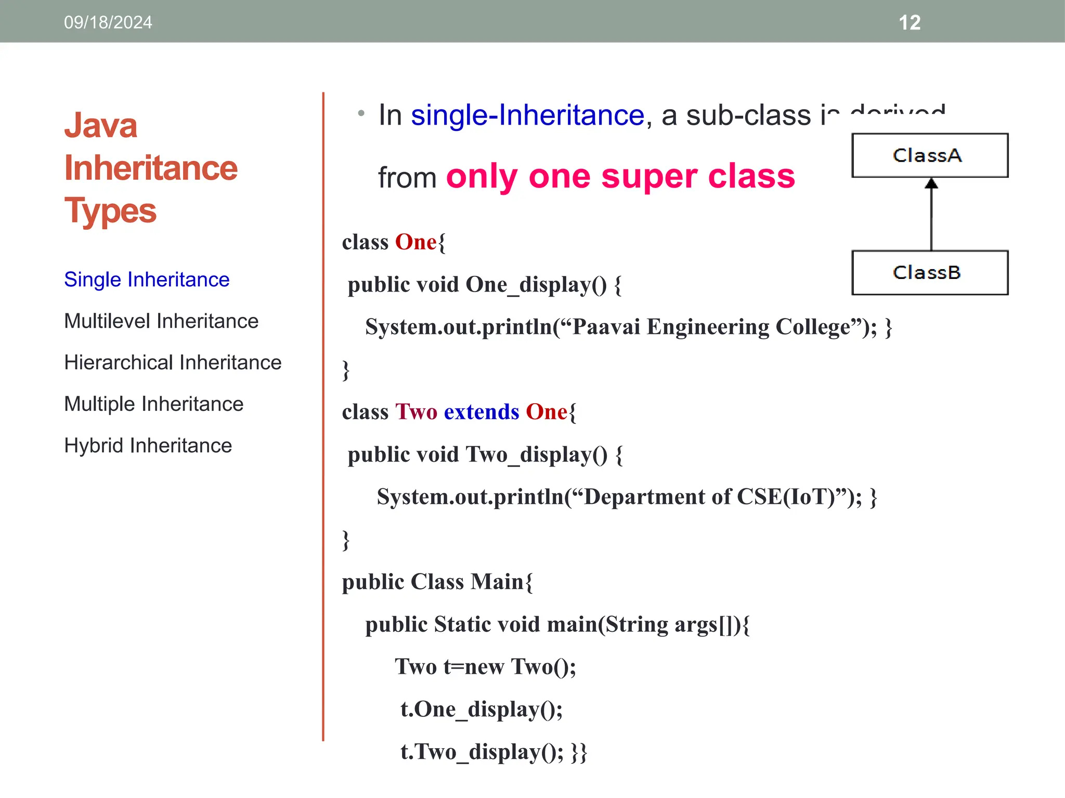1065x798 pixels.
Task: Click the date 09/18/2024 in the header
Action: (x=108, y=22)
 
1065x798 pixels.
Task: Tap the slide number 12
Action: (x=910, y=22)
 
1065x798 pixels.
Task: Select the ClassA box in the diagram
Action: (x=929, y=155)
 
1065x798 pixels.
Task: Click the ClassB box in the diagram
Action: (x=929, y=273)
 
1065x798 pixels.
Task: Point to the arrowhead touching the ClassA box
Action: (x=931, y=183)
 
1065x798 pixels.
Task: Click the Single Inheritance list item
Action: (x=147, y=280)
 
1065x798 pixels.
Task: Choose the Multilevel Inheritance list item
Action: (x=161, y=321)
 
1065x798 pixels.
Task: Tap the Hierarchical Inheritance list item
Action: (x=173, y=363)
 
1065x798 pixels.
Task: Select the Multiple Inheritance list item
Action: (x=154, y=404)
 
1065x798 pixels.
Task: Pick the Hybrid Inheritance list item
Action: (x=148, y=446)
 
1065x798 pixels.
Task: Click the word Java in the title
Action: (x=101, y=126)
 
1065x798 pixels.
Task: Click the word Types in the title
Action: (x=110, y=211)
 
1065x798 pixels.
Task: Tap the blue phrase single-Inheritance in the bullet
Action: (x=527, y=115)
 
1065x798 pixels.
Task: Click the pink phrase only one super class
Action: (x=620, y=177)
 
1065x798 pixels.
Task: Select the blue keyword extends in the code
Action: (x=482, y=412)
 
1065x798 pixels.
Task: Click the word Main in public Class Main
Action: (x=497, y=582)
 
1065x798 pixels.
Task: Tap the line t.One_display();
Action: (x=481, y=710)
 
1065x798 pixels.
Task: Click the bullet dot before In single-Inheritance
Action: (x=361, y=113)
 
